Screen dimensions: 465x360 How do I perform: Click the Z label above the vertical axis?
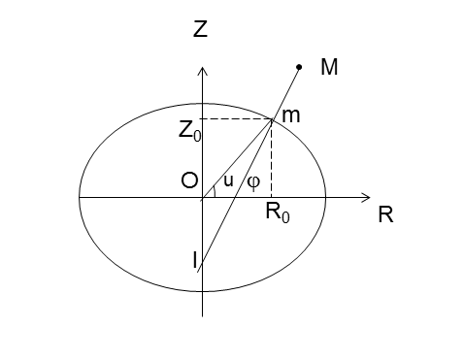pyautogui.click(x=201, y=29)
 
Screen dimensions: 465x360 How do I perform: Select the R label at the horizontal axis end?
pyautogui.click(x=385, y=216)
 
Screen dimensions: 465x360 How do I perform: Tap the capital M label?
pyautogui.click(x=329, y=70)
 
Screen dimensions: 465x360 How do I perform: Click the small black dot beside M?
pyautogui.click(x=299, y=67)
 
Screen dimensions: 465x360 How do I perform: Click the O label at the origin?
pyautogui.click(x=189, y=180)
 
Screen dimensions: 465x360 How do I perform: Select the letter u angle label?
pyautogui.click(x=229, y=180)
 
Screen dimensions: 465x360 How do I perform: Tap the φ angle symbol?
pyautogui.click(x=253, y=181)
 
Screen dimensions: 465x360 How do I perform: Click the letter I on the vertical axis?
pyautogui.click(x=194, y=259)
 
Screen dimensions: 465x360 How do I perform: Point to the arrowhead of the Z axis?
pyautogui.click(x=202, y=71)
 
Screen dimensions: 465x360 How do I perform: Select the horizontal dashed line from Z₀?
pyautogui.click(x=236, y=119)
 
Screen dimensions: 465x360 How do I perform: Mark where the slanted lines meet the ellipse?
pyautogui.click(x=271, y=119)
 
